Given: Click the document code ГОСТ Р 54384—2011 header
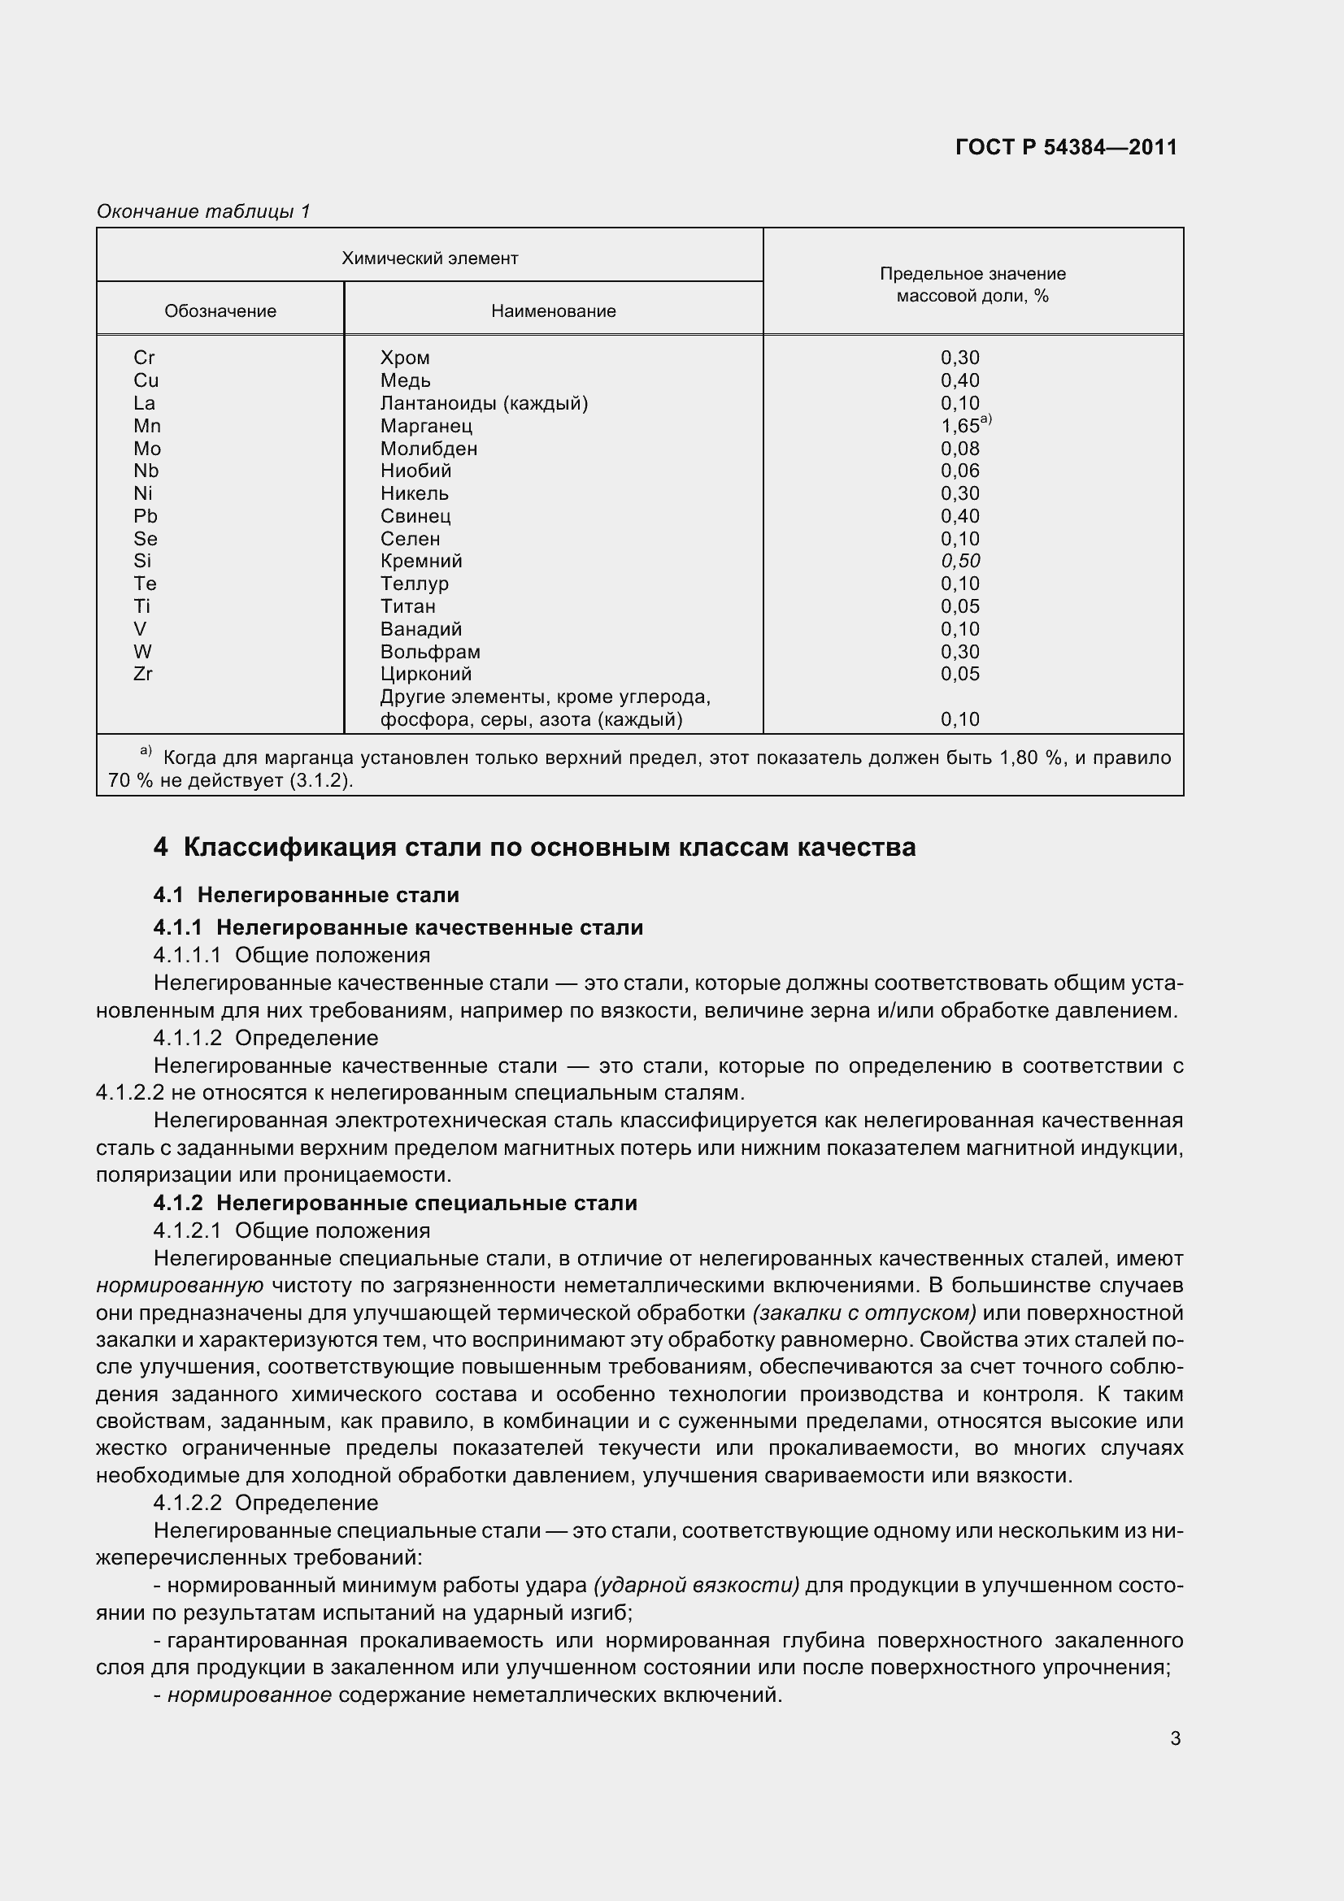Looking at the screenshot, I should (x=1066, y=147).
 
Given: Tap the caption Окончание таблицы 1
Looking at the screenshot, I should (x=203, y=211).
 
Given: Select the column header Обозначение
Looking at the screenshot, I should (x=220, y=311).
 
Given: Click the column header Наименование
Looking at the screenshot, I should (x=553, y=311).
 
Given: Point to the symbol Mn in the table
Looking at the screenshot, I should (x=147, y=426).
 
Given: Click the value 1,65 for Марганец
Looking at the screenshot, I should (x=960, y=427).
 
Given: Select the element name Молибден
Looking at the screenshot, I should (x=429, y=449).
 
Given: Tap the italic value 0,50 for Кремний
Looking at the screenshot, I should (x=959, y=562).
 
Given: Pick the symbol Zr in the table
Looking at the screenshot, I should (x=143, y=674).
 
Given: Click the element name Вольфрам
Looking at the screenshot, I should (x=430, y=652).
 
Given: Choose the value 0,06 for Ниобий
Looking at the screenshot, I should (x=959, y=471).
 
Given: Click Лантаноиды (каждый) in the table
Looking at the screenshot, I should (x=484, y=403).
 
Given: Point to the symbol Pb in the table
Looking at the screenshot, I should (x=146, y=517).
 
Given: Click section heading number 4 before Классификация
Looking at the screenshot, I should (x=161, y=848).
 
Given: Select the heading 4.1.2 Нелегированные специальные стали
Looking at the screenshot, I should (x=395, y=1203).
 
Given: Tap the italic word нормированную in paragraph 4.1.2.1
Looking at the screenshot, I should (x=180, y=1286).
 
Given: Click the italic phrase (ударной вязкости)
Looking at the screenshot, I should (x=697, y=1586).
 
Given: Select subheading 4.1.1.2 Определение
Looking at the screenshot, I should (x=266, y=1038).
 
